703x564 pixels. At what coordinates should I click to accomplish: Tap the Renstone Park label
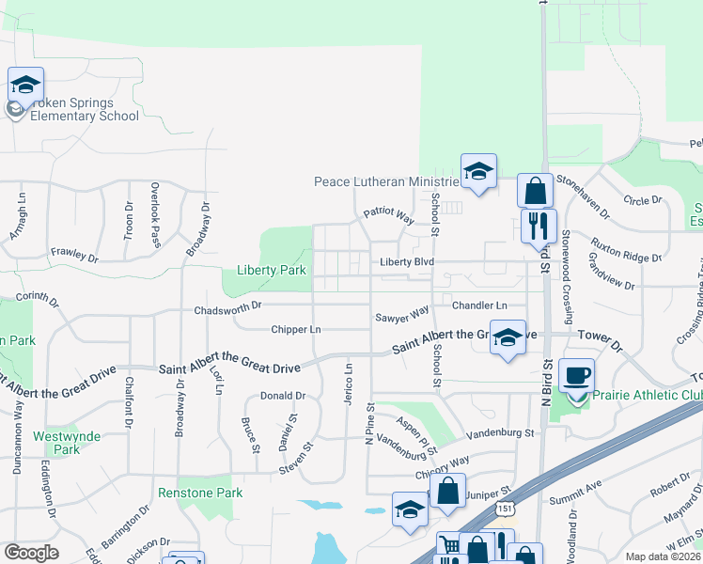click(200, 493)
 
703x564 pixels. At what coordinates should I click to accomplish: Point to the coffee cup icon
click(577, 376)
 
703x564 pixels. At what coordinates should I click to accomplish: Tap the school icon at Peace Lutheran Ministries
click(478, 172)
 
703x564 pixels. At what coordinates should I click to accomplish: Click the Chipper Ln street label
click(296, 330)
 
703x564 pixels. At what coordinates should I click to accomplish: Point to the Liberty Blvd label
click(406, 262)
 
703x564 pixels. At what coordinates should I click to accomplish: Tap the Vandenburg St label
click(503, 433)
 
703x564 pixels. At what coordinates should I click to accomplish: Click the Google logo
click(31, 553)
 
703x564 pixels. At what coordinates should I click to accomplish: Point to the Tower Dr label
click(601, 336)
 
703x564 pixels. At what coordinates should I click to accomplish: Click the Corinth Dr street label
click(34, 296)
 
